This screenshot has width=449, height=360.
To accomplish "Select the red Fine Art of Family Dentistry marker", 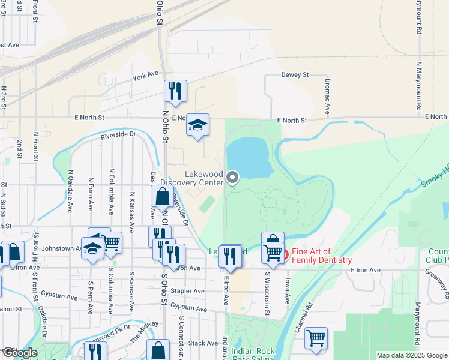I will point(285,254).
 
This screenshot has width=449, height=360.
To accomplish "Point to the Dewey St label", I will point(294,75).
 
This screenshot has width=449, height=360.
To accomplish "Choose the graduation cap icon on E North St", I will point(197,125).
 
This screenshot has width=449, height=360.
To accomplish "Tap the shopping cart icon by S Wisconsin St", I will point(273,252).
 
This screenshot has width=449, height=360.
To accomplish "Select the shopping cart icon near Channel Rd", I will point(316,338).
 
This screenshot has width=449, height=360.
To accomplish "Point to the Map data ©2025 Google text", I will point(411,355).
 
